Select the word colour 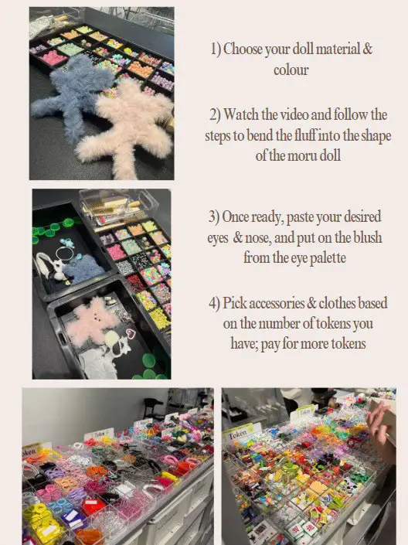(291, 70)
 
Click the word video (294, 114)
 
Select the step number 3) (214, 217)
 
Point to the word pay (270, 344)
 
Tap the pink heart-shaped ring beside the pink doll (131, 336)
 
